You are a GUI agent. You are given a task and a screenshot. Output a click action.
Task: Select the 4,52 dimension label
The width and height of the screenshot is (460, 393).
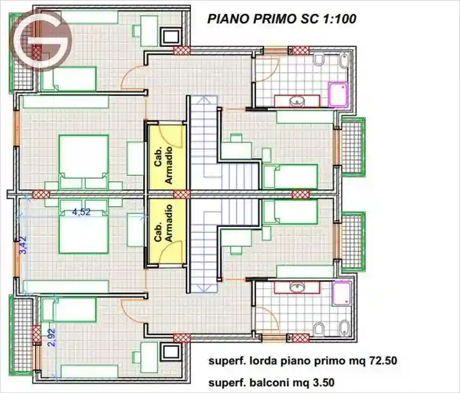coord(81,213)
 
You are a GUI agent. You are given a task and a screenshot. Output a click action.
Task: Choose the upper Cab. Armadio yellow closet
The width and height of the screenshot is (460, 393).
coord(167,156)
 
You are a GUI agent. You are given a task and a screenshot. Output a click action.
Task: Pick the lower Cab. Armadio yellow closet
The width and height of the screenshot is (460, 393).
coord(167,231)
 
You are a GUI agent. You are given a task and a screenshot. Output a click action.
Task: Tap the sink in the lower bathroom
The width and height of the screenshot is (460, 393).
coord(297,286)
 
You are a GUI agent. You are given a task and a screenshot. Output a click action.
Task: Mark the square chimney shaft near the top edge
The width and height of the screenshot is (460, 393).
coord(171,36)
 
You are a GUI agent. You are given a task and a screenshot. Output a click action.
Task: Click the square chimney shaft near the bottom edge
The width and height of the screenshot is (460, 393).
coord(171,352)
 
